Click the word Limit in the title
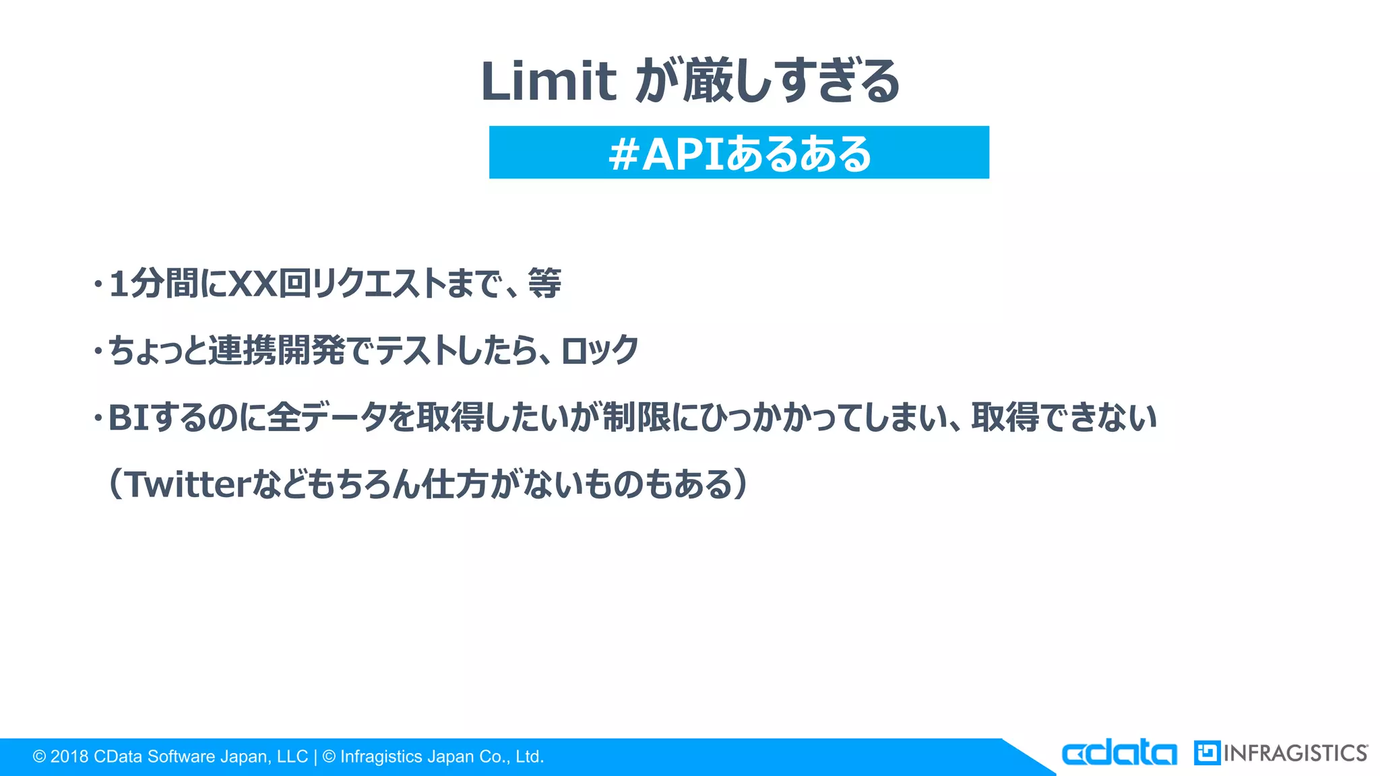click(548, 82)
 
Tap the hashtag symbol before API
click(623, 154)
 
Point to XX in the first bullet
click(254, 284)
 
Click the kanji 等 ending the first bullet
click(544, 283)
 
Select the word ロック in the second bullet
click(600, 350)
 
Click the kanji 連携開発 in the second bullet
click(277, 350)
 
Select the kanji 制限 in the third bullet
click(636, 418)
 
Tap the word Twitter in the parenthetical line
click(189, 485)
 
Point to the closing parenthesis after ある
click(741, 485)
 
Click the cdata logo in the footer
click(1119, 753)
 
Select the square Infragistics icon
click(1207, 753)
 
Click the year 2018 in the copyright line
click(69, 757)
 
